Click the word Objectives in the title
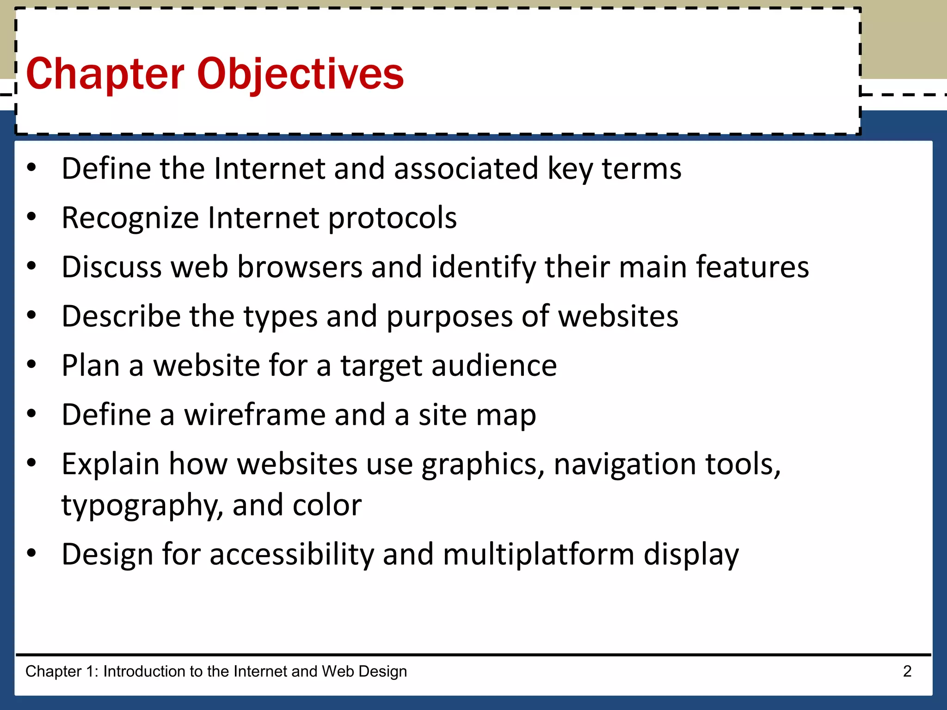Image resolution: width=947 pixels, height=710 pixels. pos(301,74)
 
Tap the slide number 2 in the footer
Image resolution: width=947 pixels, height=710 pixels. pos(907,671)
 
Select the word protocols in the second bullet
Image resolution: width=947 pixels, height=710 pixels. pos(392,218)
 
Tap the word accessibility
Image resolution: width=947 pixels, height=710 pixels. pos(292,554)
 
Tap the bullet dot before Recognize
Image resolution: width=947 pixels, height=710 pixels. pos(31,216)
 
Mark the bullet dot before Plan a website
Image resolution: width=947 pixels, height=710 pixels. pos(31,364)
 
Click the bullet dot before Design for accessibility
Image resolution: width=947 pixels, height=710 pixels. pos(31,553)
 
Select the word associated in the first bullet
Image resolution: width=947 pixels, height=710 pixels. pos(466,168)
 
